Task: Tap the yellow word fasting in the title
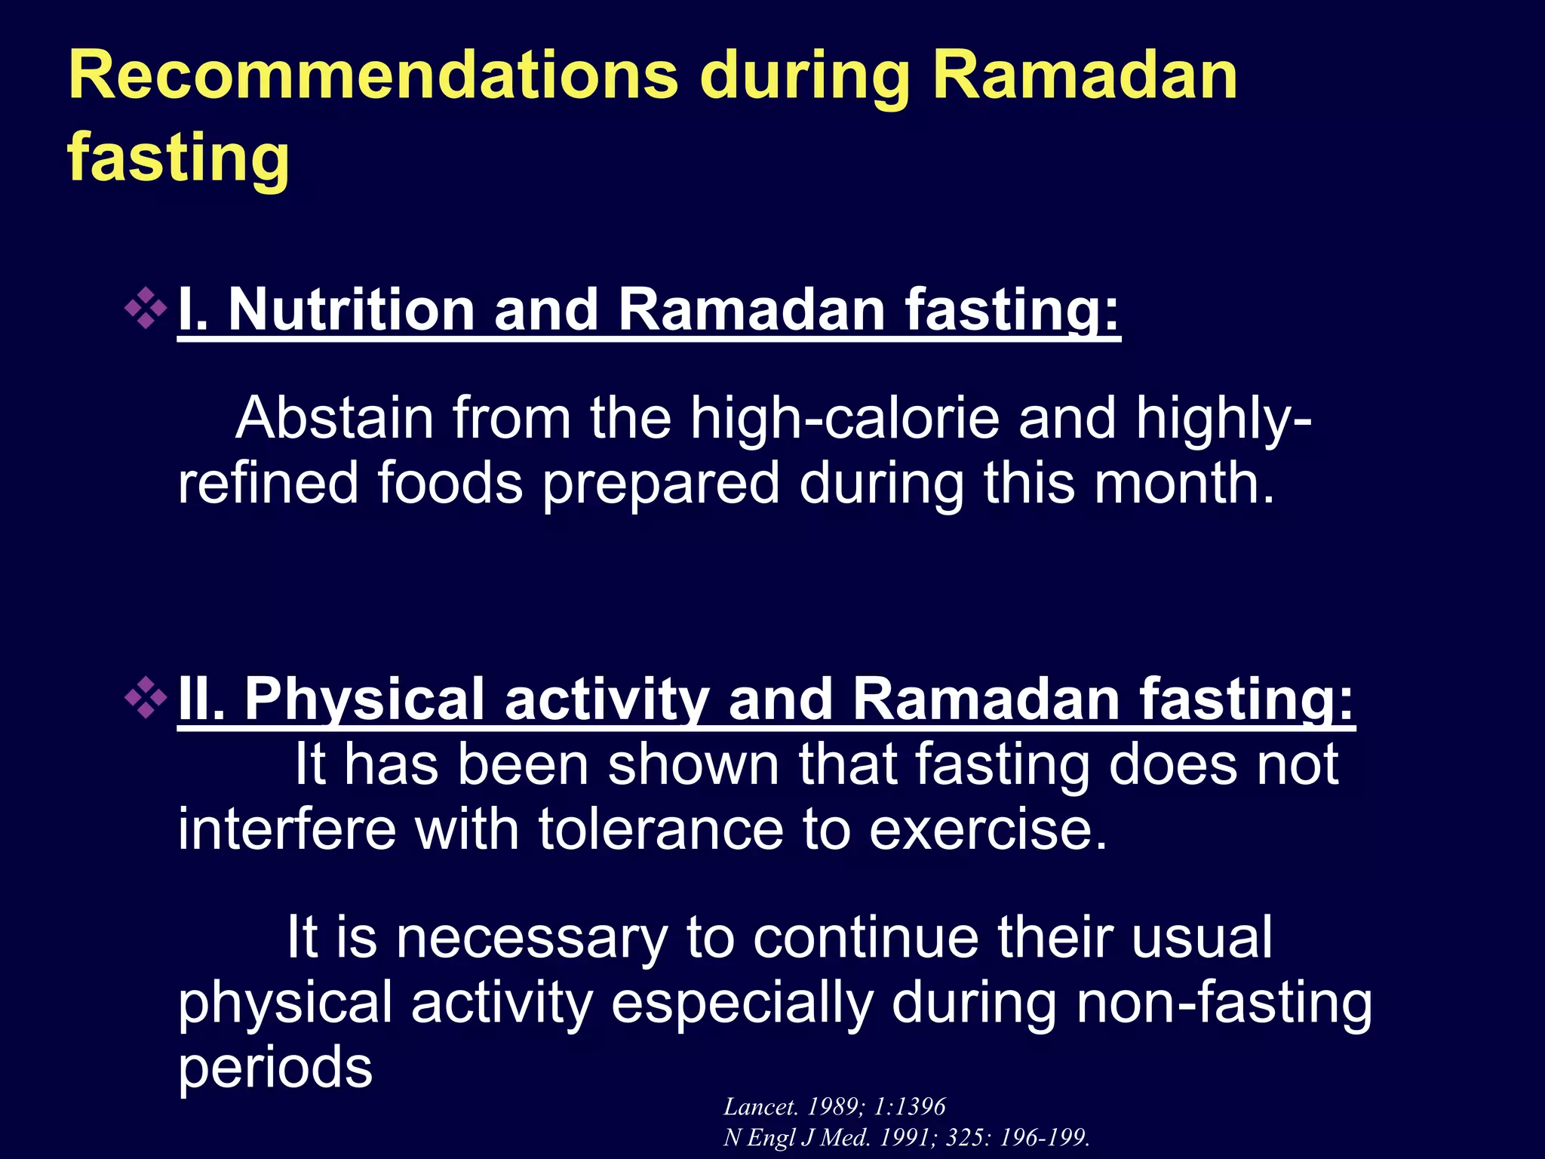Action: point(179,157)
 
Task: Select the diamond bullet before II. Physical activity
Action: point(146,697)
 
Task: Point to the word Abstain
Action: point(334,418)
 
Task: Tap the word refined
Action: point(267,483)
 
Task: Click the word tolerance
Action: point(661,829)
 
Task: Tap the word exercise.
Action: point(988,829)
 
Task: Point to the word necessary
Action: point(532,938)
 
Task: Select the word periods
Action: point(275,1068)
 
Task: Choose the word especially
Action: point(742,1003)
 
